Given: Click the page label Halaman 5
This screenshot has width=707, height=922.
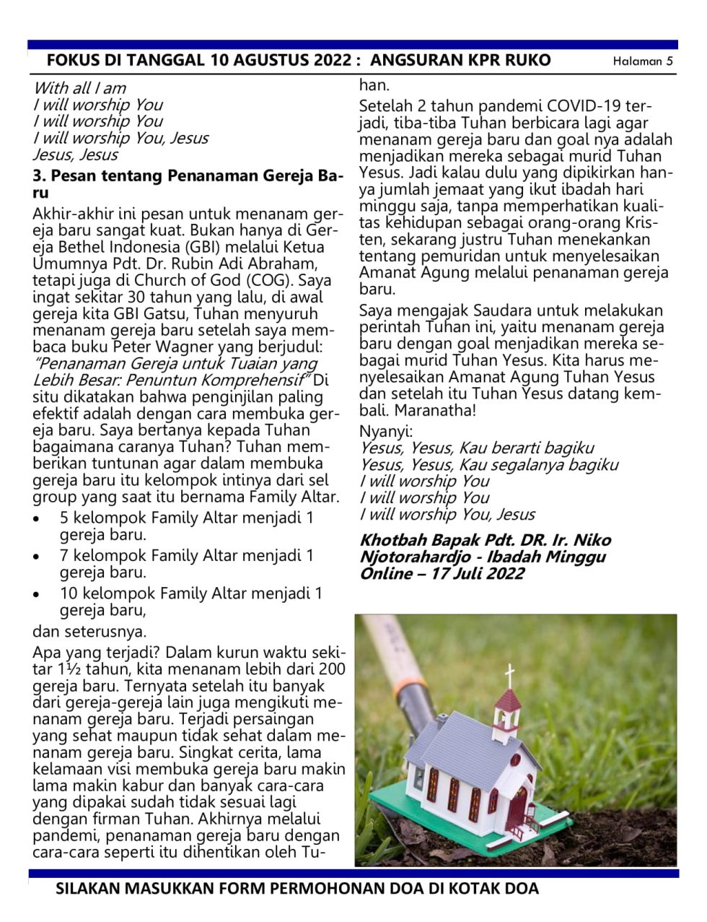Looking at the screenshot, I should pyautogui.click(x=642, y=61).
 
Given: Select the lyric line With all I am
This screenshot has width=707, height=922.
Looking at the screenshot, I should pyautogui.click(x=79, y=88).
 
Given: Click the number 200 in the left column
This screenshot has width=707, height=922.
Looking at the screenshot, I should pyautogui.click(x=331, y=669).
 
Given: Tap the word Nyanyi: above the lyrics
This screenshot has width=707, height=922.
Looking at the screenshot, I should pyautogui.click(x=386, y=432).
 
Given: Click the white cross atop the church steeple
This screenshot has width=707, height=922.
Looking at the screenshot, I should pyautogui.click(x=509, y=676).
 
